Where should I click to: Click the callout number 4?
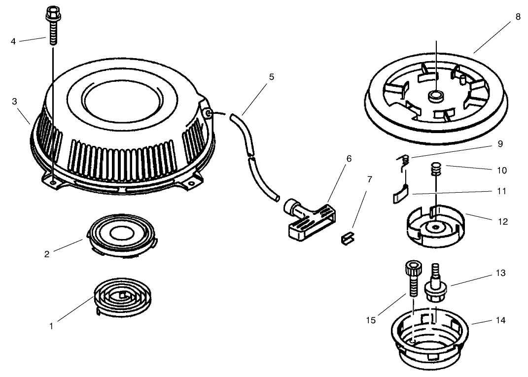[x=13, y=41]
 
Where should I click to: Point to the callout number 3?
[x=14, y=101]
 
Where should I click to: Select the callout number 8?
[x=518, y=16]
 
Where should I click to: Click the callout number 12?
[x=503, y=222]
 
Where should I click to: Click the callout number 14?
[x=500, y=320]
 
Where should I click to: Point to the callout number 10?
[x=502, y=170]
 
